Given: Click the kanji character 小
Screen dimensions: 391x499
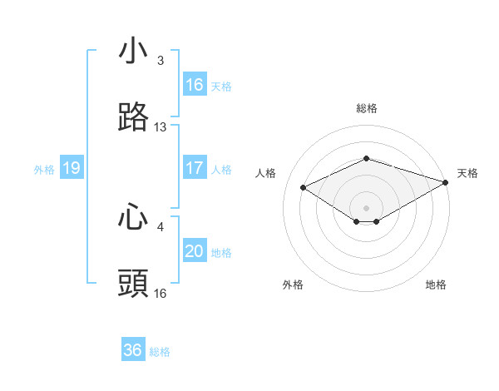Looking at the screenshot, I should [133, 52].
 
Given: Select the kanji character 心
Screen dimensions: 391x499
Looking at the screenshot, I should [133, 216].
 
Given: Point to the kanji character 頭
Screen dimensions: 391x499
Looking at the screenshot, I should [133, 283].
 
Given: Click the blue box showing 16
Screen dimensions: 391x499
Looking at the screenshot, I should [195, 85].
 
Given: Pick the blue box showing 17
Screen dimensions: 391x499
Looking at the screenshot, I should [195, 168].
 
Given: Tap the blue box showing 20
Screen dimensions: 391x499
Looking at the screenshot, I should [195, 251].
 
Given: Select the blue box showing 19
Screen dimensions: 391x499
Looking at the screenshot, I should [72, 168].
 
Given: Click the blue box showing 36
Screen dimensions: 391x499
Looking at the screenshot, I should [133, 350].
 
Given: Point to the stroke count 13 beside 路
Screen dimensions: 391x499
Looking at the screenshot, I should [161, 127].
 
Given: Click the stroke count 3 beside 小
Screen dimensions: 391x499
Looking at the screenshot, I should [161, 61].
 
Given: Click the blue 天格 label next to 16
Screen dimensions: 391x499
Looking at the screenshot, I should [221, 86].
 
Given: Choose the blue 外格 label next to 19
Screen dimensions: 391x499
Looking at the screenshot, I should [44, 169].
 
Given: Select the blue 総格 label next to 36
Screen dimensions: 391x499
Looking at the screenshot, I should [160, 351].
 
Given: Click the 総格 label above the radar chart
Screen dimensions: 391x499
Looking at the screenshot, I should [367, 108].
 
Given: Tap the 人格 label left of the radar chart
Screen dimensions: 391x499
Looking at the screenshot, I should [266, 173].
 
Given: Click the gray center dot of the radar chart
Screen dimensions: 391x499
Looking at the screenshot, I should [367, 206].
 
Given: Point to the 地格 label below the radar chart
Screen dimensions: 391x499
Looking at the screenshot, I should [436, 285].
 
